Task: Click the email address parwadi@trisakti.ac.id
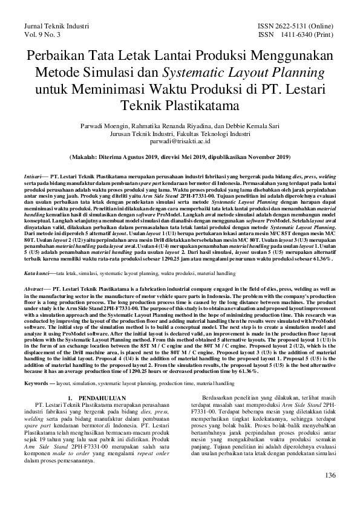click(x=180, y=141)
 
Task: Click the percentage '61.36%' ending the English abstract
click(x=244, y=371)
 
